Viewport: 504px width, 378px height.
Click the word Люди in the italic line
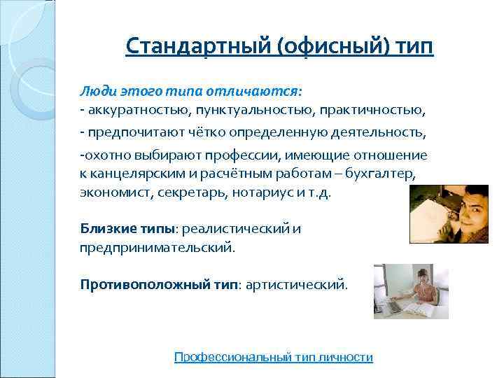94,92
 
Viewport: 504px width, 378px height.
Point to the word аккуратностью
129,111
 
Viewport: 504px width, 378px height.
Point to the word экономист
108,192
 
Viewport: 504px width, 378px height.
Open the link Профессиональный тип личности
273,357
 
